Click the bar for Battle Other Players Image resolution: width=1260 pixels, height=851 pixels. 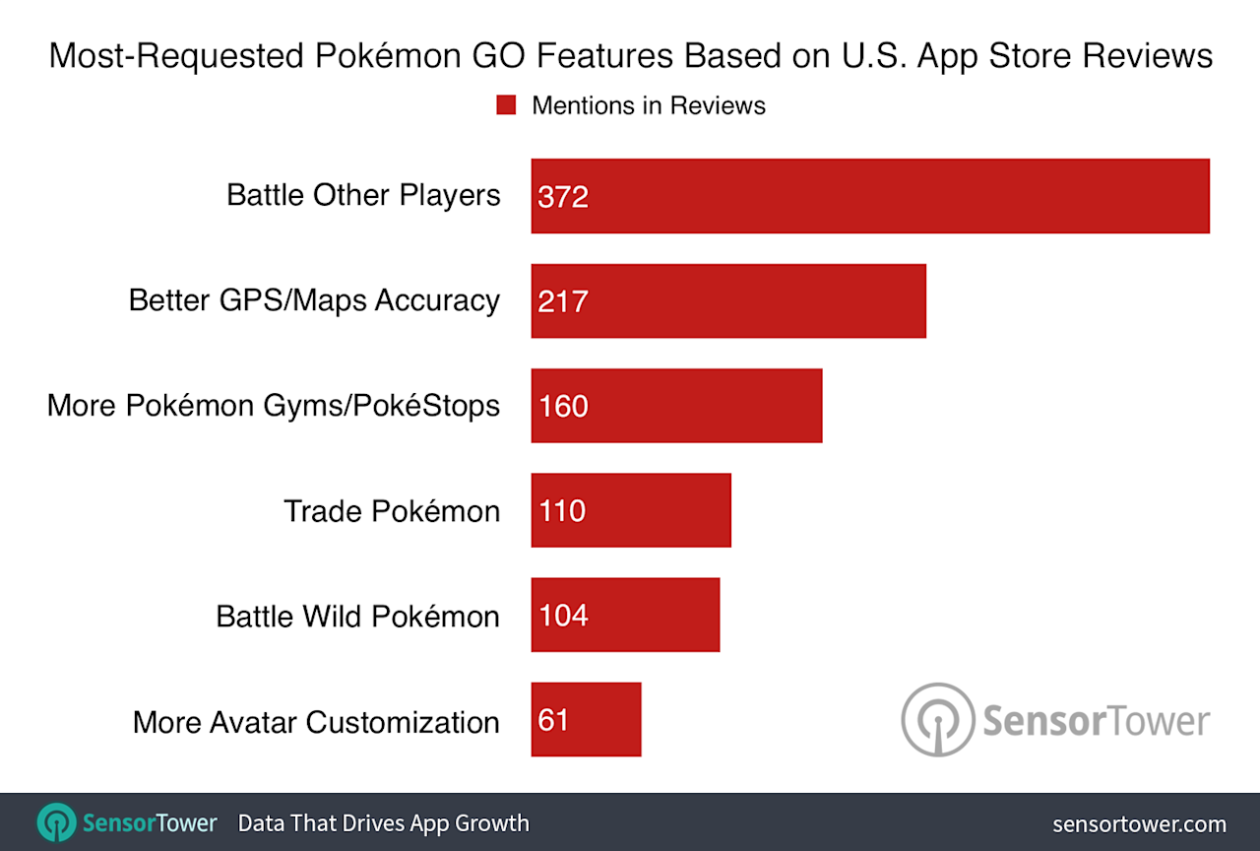click(x=870, y=196)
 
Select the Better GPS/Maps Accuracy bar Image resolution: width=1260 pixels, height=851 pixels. click(x=728, y=300)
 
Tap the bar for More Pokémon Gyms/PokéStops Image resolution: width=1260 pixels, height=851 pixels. click(x=676, y=406)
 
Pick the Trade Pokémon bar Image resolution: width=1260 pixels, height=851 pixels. click(x=631, y=510)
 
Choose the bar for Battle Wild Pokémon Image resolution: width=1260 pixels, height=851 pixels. click(x=625, y=616)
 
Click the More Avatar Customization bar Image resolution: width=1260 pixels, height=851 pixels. click(x=586, y=720)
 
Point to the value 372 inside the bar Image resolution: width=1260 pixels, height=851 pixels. click(x=563, y=197)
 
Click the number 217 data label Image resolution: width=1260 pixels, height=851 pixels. click(x=563, y=301)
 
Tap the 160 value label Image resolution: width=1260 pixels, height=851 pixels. click(x=563, y=406)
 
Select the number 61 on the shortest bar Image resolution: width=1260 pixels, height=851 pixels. click(x=554, y=720)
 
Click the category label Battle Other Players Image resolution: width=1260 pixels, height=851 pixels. click(x=363, y=195)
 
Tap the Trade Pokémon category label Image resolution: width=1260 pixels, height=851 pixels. click(x=392, y=510)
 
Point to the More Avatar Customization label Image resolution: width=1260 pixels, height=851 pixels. click(x=316, y=722)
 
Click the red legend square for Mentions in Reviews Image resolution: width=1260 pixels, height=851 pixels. click(x=506, y=105)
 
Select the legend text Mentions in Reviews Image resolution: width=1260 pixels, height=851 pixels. click(x=648, y=105)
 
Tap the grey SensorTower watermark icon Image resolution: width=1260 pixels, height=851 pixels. click(x=938, y=720)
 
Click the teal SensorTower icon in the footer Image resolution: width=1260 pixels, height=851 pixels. click(x=56, y=822)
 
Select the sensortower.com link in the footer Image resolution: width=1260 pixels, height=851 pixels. click(x=1139, y=823)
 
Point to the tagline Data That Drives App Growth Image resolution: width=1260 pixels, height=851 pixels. click(x=383, y=822)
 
